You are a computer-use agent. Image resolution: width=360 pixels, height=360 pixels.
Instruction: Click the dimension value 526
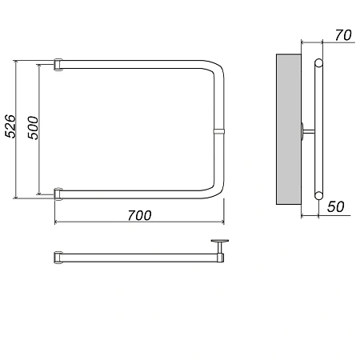pyautogui.click(x=10, y=126)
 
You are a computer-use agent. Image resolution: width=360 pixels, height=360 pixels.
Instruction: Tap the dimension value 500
pyautogui.click(x=33, y=128)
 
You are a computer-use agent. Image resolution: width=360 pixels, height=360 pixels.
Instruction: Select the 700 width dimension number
pyautogui.click(x=139, y=215)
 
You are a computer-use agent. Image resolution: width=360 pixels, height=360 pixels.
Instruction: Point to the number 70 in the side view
pyautogui.click(x=343, y=35)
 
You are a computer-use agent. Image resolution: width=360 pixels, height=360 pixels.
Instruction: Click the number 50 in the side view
pyautogui.click(x=336, y=206)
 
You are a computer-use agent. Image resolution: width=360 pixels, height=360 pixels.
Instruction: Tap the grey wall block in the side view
pyautogui.click(x=289, y=130)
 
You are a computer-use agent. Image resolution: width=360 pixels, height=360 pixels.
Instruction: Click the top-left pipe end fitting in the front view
pyautogui.click(x=58, y=65)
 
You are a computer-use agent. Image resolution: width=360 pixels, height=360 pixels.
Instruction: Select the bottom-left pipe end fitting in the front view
pyautogui.click(x=58, y=194)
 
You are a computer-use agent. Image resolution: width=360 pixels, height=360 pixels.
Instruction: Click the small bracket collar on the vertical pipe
pyautogui.click(x=219, y=131)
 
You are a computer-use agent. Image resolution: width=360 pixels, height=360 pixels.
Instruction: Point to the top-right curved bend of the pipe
pyautogui.click(x=215, y=67)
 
